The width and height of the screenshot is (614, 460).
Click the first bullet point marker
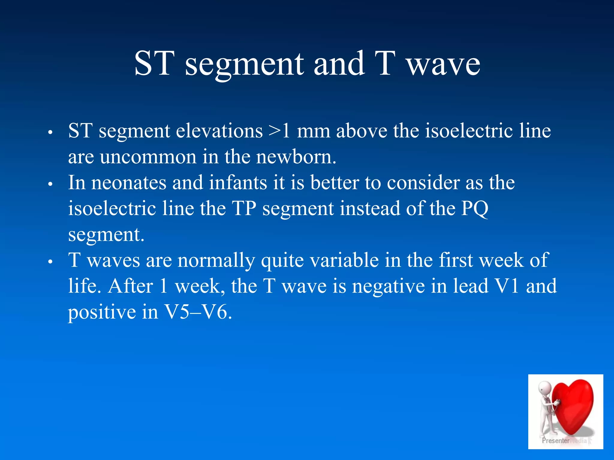[x=50, y=132]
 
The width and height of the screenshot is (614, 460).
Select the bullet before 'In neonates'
[x=50, y=184]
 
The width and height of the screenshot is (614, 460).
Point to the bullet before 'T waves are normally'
[x=50, y=261]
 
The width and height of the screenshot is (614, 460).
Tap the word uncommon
[x=148, y=157]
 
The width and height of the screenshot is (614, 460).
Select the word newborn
[x=296, y=157]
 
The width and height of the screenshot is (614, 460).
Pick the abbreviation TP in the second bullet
[x=244, y=208]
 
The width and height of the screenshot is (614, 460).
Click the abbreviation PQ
[x=475, y=208]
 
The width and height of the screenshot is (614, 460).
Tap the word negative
[x=389, y=286]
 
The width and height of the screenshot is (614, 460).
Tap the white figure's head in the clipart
[x=544, y=388]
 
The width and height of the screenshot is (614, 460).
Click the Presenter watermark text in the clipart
[x=555, y=441]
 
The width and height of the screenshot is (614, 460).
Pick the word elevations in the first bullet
[x=219, y=131]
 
